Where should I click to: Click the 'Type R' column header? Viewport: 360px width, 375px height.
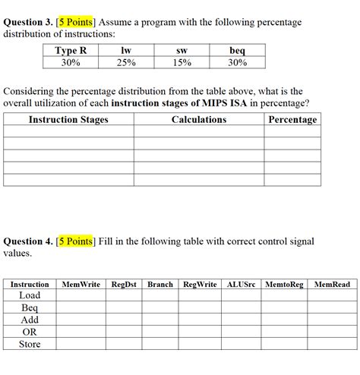71,51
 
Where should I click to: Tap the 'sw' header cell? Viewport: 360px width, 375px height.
182,51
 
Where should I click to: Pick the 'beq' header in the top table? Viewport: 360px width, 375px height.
237,51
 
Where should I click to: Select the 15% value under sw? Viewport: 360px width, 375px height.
182,62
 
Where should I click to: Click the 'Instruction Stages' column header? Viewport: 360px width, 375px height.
68,120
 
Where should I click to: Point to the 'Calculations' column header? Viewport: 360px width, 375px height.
199,120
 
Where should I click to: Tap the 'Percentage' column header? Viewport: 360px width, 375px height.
292,120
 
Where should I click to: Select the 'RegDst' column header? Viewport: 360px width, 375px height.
124,285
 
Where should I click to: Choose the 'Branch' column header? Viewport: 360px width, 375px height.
160,285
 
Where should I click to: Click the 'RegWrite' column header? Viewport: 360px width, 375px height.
201,285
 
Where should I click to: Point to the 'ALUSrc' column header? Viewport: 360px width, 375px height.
242,285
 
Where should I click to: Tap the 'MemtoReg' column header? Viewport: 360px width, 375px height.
286,285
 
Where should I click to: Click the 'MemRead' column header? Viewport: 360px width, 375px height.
332,285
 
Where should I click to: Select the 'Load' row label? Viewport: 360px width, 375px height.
30,295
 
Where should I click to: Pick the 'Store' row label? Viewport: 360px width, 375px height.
30,344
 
